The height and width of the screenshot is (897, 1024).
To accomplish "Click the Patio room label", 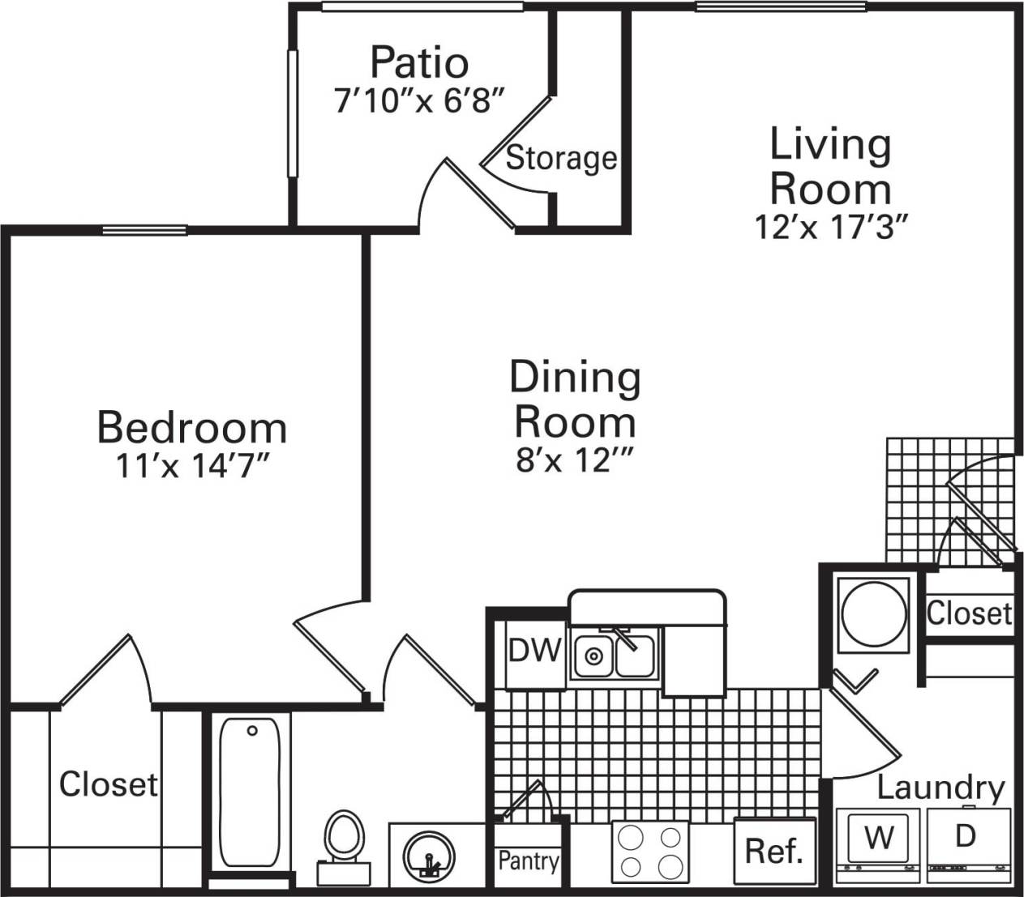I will pyautogui.click(x=419, y=62).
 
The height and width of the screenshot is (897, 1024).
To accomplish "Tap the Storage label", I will pyautogui.click(x=561, y=158).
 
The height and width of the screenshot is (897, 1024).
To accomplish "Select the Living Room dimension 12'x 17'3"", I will pyautogui.click(x=829, y=228).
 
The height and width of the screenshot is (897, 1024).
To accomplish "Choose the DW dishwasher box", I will pyautogui.click(x=535, y=650).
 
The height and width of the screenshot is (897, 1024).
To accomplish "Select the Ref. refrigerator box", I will pyautogui.click(x=773, y=851).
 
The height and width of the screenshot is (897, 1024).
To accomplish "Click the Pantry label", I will pyautogui.click(x=528, y=860).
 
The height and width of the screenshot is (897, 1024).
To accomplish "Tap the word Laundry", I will pyautogui.click(x=940, y=788).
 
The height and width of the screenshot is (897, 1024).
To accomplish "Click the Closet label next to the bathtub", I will pyautogui.click(x=109, y=784).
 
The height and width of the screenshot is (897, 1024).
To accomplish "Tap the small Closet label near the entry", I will pyautogui.click(x=969, y=613).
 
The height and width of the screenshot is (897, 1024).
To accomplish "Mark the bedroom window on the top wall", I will pyautogui.click(x=145, y=230).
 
